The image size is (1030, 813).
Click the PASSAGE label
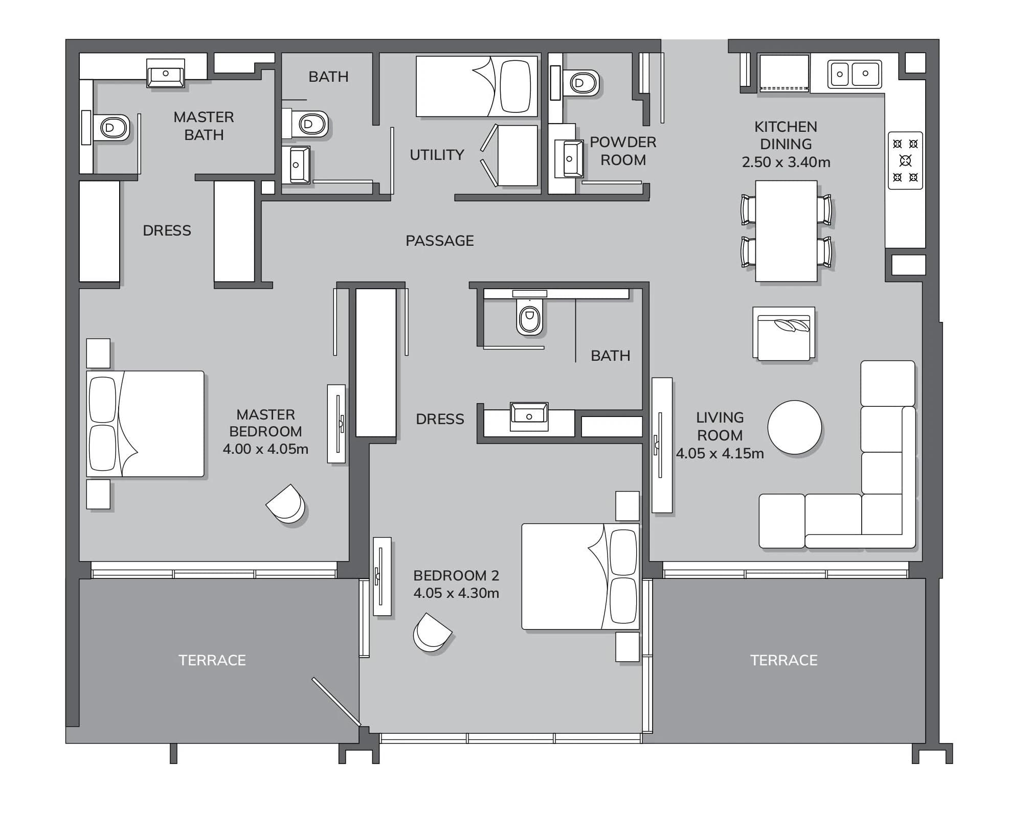tap(439, 241)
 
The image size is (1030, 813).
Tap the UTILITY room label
tap(437, 155)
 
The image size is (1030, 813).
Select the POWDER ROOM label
tap(623, 151)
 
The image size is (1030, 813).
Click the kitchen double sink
tap(854, 74)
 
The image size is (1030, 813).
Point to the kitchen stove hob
tap(905, 160)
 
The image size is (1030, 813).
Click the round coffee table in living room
tap(794, 427)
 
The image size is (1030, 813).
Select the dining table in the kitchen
tap(786, 231)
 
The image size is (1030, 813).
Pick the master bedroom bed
tap(145, 424)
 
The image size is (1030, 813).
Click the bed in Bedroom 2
tap(580, 576)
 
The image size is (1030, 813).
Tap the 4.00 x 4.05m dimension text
tap(265, 449)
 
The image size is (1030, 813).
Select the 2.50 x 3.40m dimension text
tap(786, 162)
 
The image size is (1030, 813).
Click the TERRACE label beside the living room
tap(784, 660)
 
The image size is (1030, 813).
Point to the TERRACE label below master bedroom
tap(212, 660)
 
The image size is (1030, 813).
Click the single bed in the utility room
tap(477, 86)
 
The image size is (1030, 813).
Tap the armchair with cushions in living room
tap(783, 334)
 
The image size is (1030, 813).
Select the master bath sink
tap(165, 73)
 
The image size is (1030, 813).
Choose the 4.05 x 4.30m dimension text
tap(456, 593)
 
